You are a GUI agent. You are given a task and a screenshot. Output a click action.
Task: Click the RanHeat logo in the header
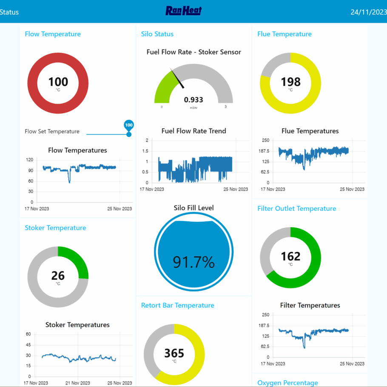click(184, 11)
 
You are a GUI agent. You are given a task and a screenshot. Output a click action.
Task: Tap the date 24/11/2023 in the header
click(368, 12)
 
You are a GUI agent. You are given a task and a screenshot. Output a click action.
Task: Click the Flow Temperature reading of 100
click(58, 82)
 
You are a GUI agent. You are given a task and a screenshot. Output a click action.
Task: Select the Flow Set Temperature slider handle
click(129, 134)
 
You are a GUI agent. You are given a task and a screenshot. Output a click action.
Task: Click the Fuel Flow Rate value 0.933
click(193, 100)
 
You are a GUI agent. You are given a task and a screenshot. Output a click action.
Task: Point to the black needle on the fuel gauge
click(178, 79)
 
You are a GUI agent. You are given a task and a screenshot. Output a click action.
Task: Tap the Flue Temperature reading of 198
click(290, 82)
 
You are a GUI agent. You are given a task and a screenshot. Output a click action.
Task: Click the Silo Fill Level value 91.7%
click(193, 262)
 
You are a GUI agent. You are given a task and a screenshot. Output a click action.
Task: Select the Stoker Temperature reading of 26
click(58, 275)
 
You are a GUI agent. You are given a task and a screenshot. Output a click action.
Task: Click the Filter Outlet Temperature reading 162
click(290, 256)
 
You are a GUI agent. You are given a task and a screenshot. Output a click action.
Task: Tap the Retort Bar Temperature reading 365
click(174, 353)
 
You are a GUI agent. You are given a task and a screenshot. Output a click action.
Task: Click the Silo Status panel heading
click(157, 34)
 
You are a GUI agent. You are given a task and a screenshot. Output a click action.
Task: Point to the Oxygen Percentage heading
click(287, 383)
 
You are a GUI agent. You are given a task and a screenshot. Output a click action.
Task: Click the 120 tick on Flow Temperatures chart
click(29, 160)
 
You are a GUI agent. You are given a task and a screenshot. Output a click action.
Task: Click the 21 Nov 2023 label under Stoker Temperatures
click(78, 383)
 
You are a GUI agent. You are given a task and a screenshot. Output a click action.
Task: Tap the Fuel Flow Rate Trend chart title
click(193, 131)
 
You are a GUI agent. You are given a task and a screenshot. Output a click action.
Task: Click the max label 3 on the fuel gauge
click(225, 107)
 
